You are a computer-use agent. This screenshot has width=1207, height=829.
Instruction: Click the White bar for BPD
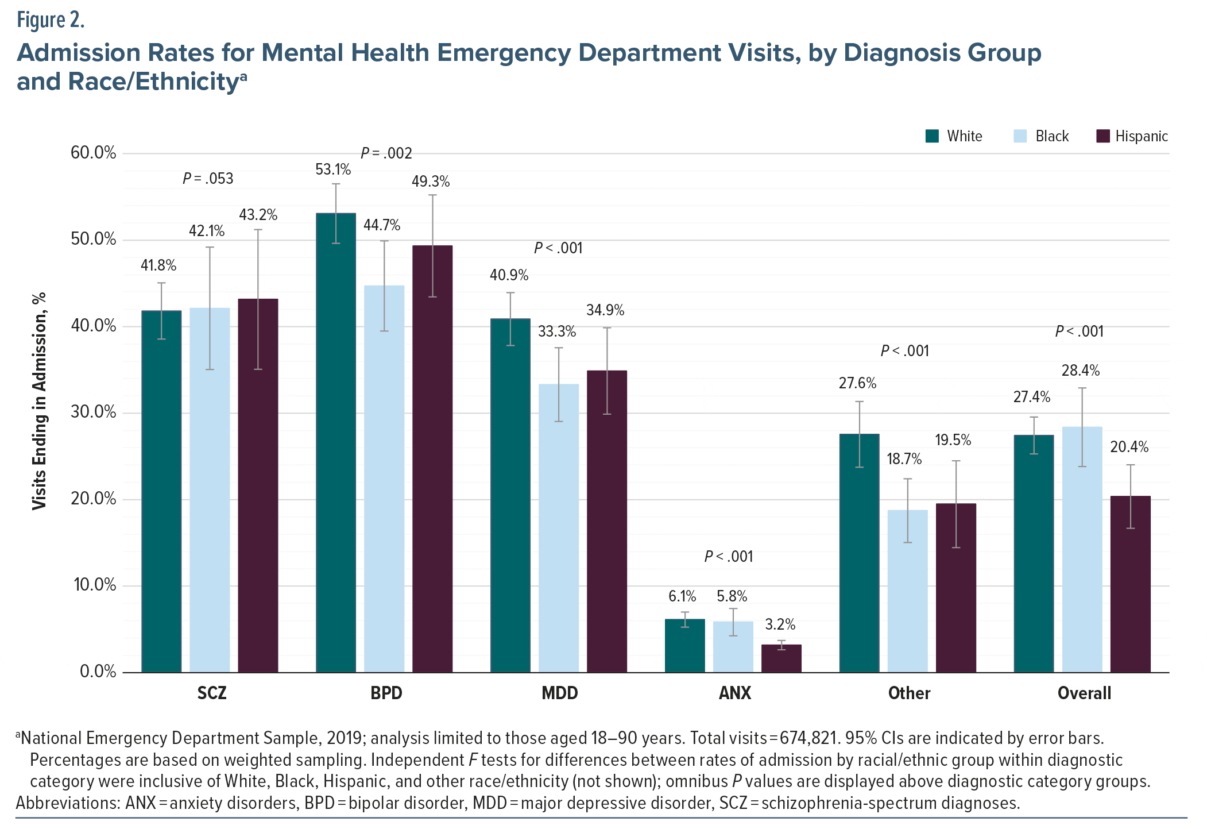[x=336, y=442]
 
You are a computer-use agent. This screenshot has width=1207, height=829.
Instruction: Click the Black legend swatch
[x=1020, y=136]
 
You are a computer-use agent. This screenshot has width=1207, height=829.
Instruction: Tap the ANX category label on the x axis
[x=734, y=693]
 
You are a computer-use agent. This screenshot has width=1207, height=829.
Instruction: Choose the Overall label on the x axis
[x=1084, y=693]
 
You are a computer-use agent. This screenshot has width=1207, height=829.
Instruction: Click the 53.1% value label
[x=333, y=169]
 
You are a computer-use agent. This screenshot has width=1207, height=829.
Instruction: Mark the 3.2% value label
[x=780, y=624]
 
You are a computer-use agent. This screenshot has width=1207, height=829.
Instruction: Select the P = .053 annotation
[x=208, y=179]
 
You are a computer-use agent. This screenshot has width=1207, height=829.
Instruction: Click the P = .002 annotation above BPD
[x=386, y=153]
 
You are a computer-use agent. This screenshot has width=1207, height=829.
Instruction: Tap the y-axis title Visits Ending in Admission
[x=39, y=400]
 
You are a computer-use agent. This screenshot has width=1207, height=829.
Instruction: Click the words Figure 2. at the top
[x=51, y=21]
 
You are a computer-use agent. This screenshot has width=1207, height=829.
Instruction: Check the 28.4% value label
[x=1080, y=371]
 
